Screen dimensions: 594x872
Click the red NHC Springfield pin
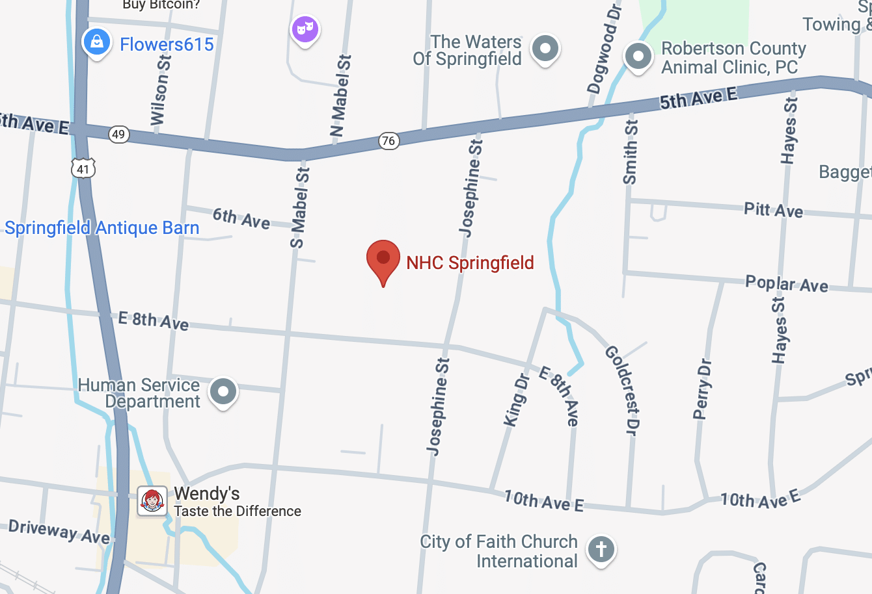tap(383, 259)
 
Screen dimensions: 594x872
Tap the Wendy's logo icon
tap(152, 501)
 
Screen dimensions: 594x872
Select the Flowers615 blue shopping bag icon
tap(97, 42)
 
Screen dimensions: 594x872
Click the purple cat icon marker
tap(305, 29)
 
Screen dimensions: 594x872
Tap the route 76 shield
tap(388, 140)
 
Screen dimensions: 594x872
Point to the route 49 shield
tap(118, 135)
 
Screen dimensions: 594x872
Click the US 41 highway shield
tap(83, 168)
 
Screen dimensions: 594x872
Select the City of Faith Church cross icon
tap(601, 549)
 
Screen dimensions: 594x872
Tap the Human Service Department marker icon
tap(223, 392)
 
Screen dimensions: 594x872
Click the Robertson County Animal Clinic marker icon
tap(638, 57)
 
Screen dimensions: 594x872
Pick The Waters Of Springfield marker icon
tap(545, 49)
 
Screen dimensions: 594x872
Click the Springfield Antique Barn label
tap(102, 228)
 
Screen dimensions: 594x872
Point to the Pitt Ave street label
tap(773, 209)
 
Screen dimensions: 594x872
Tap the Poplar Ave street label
tap(786, 283)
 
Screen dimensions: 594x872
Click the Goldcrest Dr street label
tap(623, 389)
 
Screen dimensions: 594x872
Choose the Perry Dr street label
tap(703, 389)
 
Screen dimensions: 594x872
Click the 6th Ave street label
tap(241, 218)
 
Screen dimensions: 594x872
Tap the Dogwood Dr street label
tap(605, 49)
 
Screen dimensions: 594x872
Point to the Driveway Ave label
tap(59, 531)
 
